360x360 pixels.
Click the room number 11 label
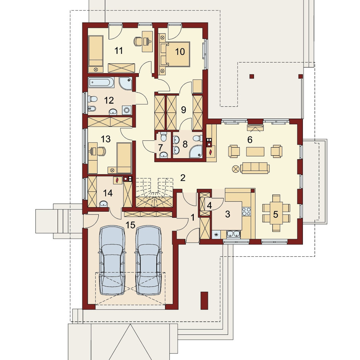(119, 51)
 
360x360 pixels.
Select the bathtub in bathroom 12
(101, 83)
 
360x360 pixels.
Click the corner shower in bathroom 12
(125, 83)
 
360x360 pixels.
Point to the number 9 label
(183, 110)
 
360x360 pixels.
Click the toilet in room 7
(164, 137)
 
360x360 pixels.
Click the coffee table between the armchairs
(255, 151)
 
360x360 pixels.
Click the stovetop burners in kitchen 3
(247, 211)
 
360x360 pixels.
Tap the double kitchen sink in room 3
(233, 234)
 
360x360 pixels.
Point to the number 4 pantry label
(209, 206)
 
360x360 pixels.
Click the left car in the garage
(112, 260)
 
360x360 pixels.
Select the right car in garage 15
(149, 260)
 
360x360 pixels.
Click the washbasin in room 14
(104, 204)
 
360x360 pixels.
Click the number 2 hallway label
(183, 178)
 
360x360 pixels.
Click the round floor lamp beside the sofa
(236, 169)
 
